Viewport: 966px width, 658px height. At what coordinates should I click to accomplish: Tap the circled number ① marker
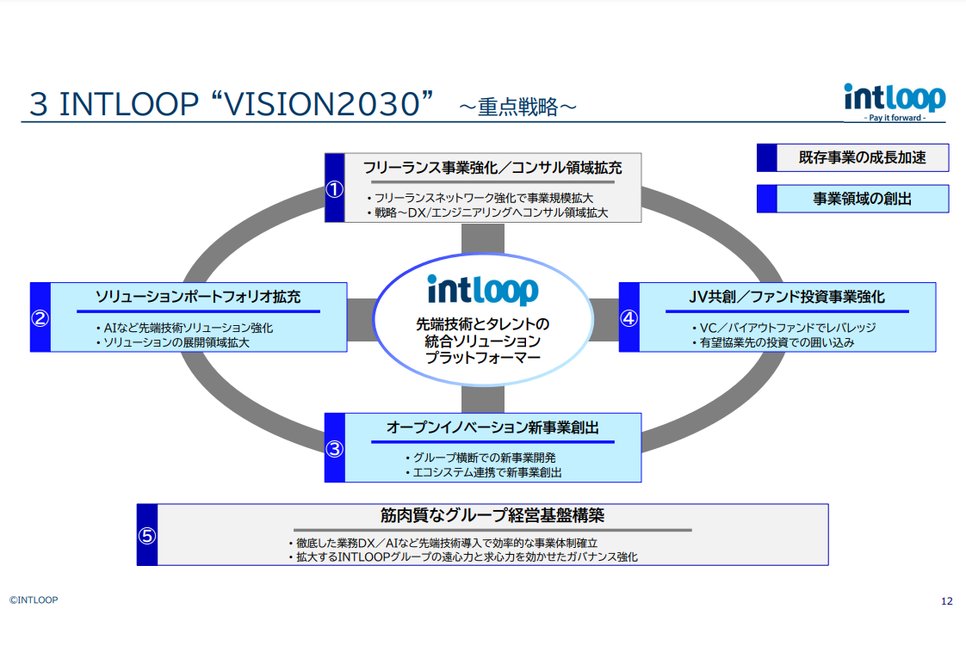(x=334, y=188)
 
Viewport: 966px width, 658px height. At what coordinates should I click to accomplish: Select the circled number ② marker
(x=40, y=317)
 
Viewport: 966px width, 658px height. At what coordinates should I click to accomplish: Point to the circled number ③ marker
(x=334, y=448)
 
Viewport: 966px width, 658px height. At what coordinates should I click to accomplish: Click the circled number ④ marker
(x=629, y=317)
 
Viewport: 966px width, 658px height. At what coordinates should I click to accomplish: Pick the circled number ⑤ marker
(x=147, y=535)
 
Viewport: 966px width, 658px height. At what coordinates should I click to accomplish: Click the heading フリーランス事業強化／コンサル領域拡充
(x=492, y=167)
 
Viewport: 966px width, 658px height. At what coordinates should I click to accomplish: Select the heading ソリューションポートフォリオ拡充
(x=198, y=297)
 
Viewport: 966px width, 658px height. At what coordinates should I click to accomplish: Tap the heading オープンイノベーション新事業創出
(x=492, y=427)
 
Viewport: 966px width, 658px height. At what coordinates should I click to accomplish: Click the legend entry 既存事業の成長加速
(x=862, y=157)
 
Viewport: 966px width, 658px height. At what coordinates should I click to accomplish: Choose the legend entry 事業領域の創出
(x=862, y=199)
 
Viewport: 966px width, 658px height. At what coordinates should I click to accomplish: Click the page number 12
(x=947, y=601)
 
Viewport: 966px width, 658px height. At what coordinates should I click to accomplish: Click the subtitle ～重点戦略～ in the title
(x=517, y=107)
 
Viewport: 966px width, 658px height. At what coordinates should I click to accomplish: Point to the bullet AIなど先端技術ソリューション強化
(x=185, y=328)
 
